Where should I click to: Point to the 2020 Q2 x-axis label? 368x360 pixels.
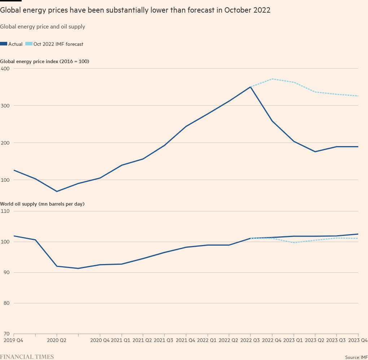tap(57, 340)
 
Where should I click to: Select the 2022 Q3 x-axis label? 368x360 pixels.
tap(250, 340)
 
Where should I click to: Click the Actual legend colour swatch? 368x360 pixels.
tap(4, 44)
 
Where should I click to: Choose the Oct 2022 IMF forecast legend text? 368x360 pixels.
tap(58, 44)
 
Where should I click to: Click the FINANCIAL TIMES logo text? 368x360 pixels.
tap(27, 357)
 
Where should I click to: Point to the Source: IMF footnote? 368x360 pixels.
tap(356, 357)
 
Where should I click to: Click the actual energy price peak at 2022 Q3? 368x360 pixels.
tap(250, 87)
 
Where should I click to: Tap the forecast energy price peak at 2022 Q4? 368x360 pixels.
tap(272, 79)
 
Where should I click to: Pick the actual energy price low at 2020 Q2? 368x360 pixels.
tap(57, 192)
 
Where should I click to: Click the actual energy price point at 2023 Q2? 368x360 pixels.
tap(315, 152)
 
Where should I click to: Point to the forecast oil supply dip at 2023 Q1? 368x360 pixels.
tap(294, 242)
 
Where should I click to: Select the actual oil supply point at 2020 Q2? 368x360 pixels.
tap(57, 266)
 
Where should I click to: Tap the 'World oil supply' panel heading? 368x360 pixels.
tap(42, 204)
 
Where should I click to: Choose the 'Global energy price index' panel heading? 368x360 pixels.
tap(45, 61)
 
